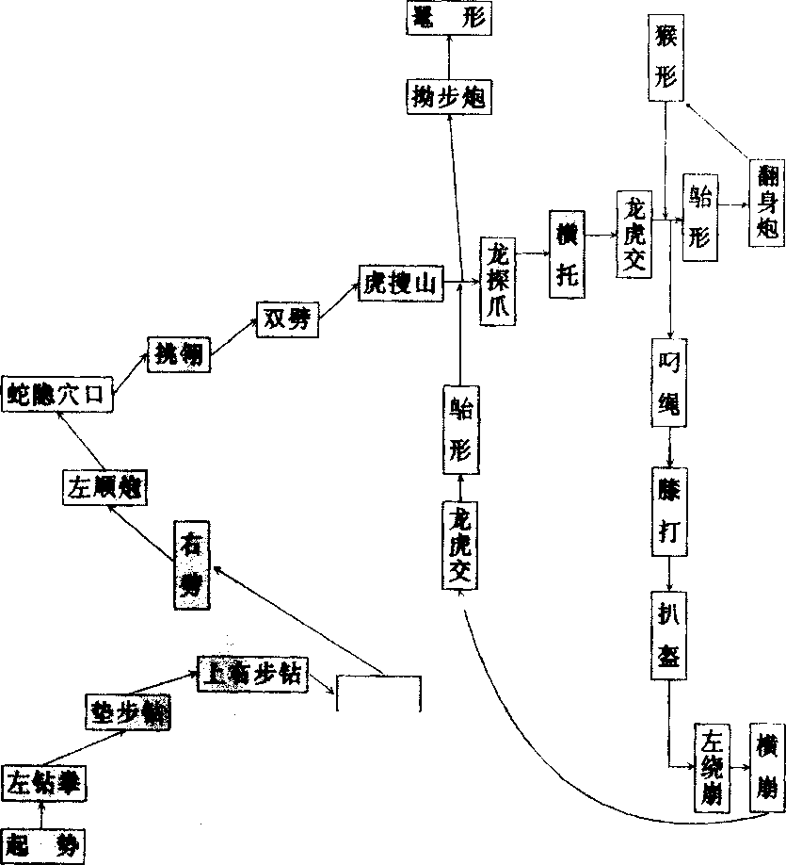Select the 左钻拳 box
click(41, 781)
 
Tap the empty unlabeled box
click(378, 694)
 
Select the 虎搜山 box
click(400, 283)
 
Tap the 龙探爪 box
click(499, 281)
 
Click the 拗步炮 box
click(448, 95)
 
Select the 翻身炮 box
click(767, 203)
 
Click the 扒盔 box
click(669, 634)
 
